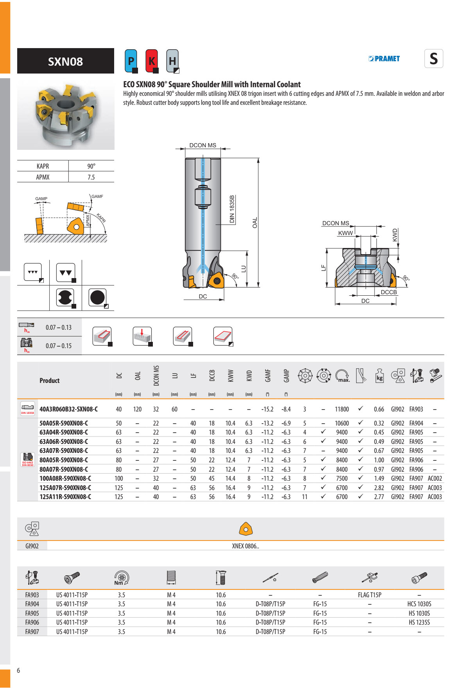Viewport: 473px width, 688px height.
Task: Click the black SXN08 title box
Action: tap(65, 61)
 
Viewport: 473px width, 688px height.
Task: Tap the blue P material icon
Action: tap(131, 61)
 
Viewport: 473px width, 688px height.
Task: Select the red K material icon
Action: tap(152, 61)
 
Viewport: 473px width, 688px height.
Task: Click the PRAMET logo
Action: tap(384, 59)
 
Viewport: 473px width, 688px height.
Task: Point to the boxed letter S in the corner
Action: tap(434, 59)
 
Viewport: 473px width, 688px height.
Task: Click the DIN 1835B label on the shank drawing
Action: tap(232, 209)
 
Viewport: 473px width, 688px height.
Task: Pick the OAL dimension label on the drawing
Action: tap(255, 223)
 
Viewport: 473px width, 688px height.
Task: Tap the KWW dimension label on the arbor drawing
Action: tap(346, 233)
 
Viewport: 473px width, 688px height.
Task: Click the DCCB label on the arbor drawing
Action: tap(389, 292)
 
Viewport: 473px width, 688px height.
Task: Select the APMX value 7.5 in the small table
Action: tap(91, 177)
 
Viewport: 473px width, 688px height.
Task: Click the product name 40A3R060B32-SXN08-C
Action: tap(68, 409)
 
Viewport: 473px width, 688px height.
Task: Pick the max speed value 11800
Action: tap(342, 409)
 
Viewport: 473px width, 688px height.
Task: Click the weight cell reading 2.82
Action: tap(379, 488)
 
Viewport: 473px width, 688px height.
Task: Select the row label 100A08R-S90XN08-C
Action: tap(65, 478)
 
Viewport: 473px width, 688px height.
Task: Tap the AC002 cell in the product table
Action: tap(435, 478)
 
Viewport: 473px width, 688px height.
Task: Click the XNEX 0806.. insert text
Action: tap(245, 546)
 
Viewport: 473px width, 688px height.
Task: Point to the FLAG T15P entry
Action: tap(369, 595)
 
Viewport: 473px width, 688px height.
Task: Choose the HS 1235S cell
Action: tap(419, 622)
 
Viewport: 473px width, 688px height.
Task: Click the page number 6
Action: tap(18, 670)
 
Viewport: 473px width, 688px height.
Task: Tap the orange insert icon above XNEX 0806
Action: tap(245, 529)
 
